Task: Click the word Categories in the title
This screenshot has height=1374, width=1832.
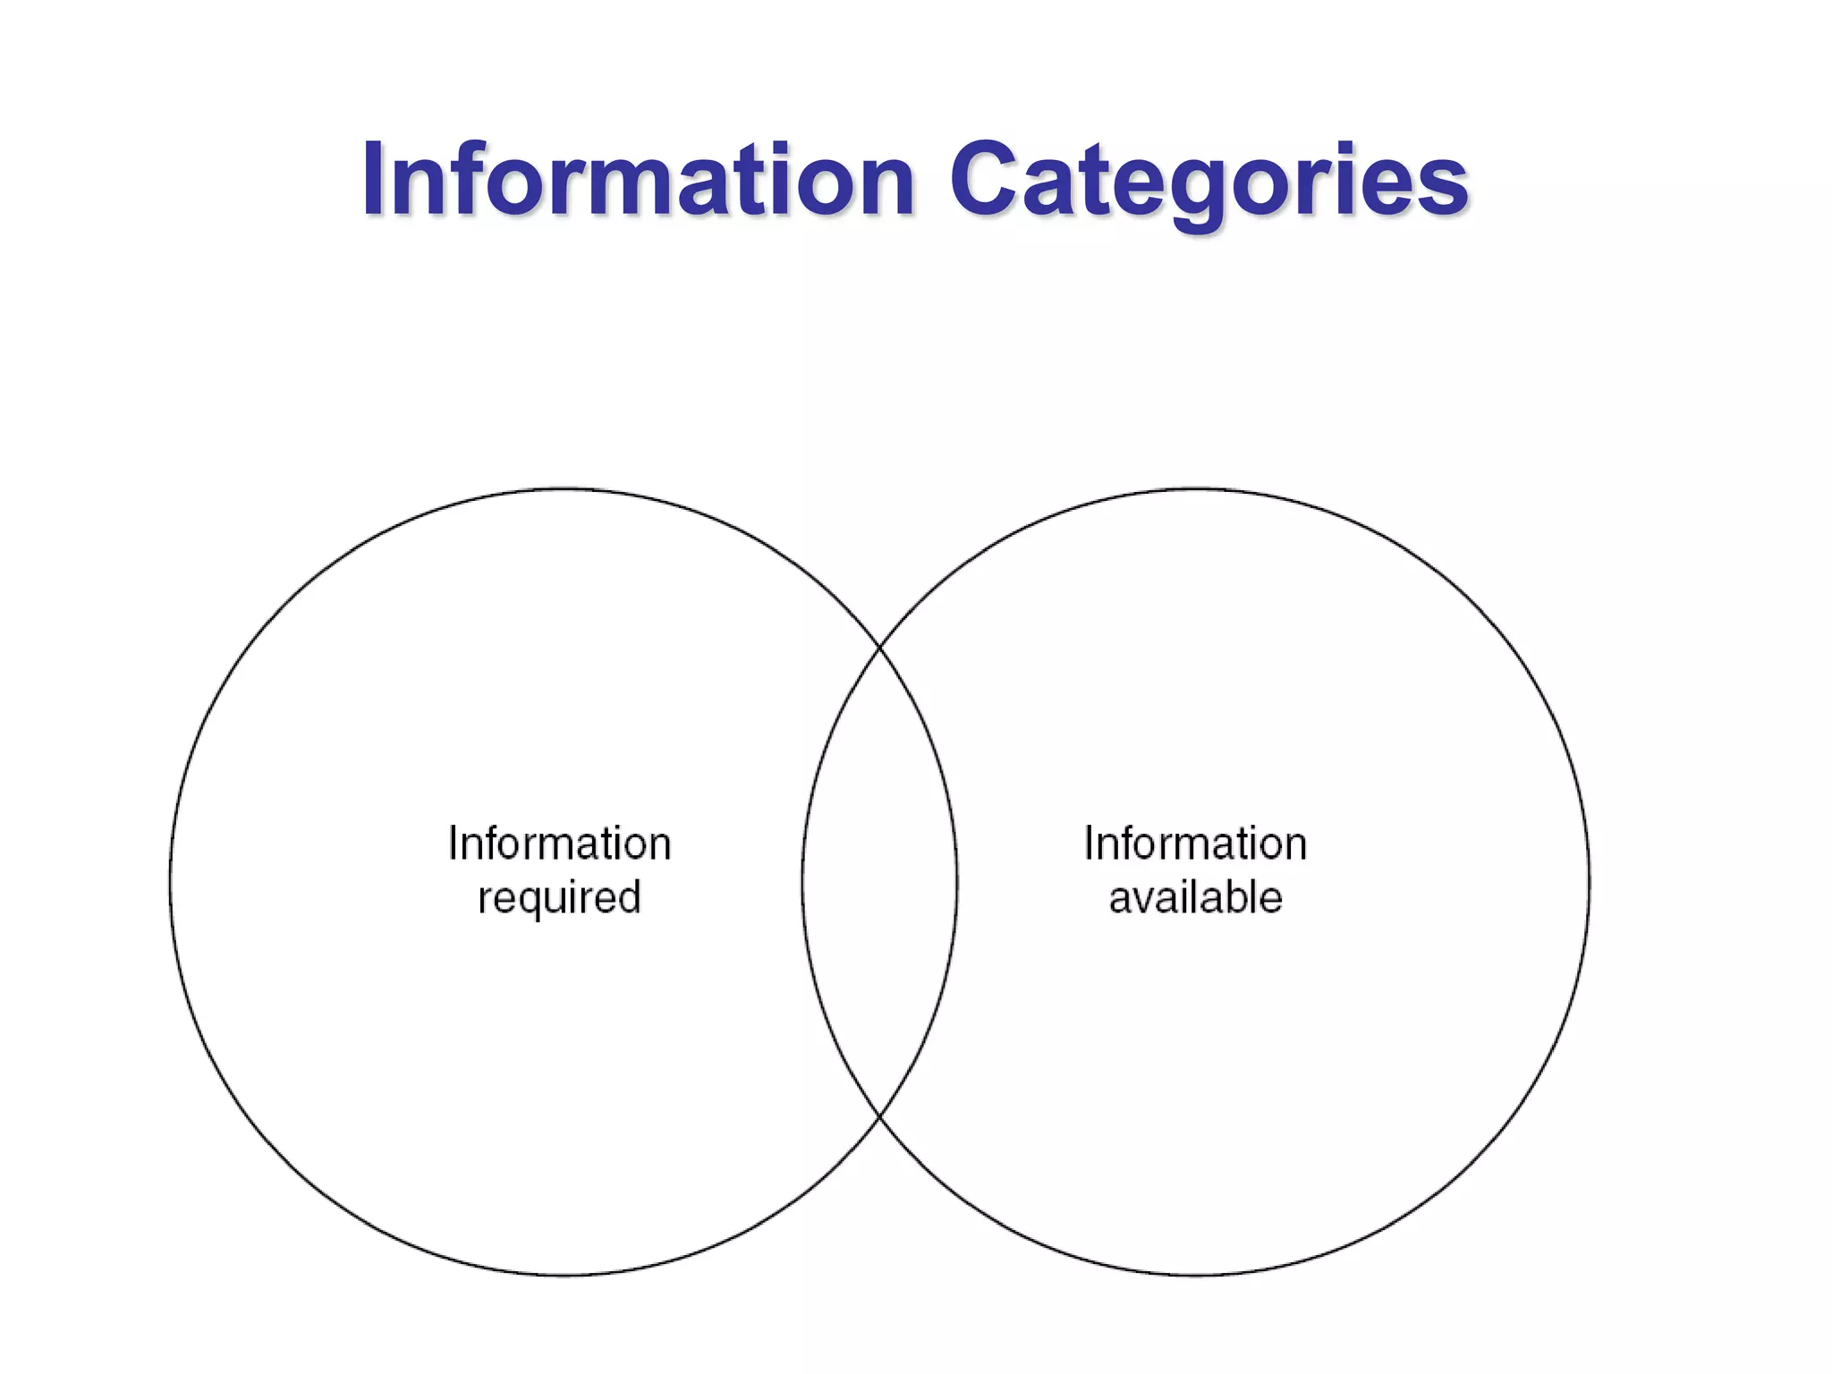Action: [1209, 183]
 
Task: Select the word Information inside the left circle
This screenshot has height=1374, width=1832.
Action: [560, 844]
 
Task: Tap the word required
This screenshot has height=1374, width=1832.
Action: [560, 898]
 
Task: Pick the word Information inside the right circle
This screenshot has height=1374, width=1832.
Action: [1196, 844]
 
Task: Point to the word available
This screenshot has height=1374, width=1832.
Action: [1196, 897]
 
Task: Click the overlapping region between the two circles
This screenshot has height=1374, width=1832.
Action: [880, 881]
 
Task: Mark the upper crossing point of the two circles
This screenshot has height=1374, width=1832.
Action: [880, 644]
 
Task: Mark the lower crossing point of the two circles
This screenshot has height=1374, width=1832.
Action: [880, 1118]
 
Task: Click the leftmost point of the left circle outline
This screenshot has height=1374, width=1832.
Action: [170, 882]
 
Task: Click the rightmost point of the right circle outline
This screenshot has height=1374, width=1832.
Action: [1590, 882]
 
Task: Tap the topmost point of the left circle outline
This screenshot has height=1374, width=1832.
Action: [564, 488]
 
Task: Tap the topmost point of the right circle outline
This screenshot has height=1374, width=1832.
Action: [1196, 488]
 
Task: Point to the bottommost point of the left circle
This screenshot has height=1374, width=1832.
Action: [564, 1276]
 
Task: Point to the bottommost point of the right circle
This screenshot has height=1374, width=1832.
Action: [1196, 1276]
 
